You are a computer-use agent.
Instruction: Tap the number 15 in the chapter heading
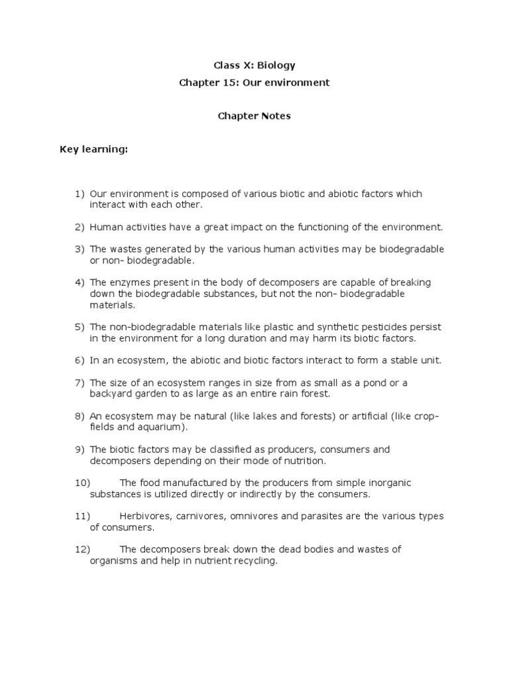224,83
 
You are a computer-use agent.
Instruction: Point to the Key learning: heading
93,150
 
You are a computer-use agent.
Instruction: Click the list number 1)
80,194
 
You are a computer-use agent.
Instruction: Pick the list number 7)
80,383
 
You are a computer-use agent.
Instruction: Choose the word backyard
111,394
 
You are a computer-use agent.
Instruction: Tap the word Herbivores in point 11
143,516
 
